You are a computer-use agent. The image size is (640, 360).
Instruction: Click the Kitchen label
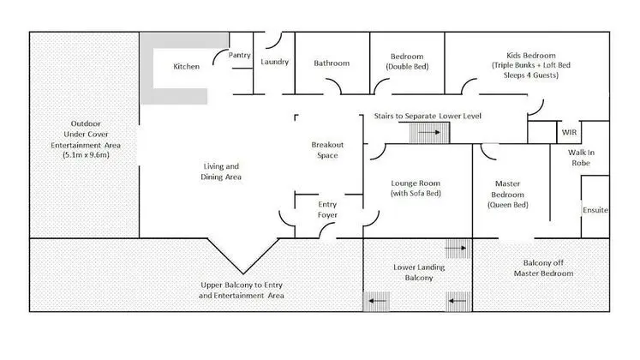(x=187, y=67)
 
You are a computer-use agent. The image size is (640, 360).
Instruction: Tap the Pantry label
(x=240, y=55)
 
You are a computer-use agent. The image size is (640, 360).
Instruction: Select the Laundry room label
(x=275, y=62)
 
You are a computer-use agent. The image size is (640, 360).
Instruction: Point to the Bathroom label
(x=332, y=63)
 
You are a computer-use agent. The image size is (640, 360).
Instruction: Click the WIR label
(x=569, y=132)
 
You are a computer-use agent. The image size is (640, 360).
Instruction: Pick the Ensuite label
(x=595, y=210)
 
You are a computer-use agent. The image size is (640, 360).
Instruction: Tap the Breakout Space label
(x=327, y=150)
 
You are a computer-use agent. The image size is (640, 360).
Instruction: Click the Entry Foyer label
(x=327, y=209)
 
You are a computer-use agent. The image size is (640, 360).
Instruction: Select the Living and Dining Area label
(x=221, y=171)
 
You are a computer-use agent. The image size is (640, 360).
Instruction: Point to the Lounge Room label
(x=416, y=189)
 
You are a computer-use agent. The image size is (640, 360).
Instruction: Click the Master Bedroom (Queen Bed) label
(x=508, y=195)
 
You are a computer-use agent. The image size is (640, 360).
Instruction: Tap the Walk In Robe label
(x=581, y=158)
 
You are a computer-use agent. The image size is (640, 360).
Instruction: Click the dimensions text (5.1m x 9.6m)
(x=87, y=154)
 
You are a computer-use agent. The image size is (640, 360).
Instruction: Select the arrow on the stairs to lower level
(x=429, y=132)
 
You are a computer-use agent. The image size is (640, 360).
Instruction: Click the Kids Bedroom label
(x=531, y=65)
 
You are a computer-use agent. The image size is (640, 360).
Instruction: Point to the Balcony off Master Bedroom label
(x=543, y=268)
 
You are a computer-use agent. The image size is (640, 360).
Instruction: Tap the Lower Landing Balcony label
(x=419, y=273)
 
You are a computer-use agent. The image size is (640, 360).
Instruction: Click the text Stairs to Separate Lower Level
(x=428, y=116)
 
